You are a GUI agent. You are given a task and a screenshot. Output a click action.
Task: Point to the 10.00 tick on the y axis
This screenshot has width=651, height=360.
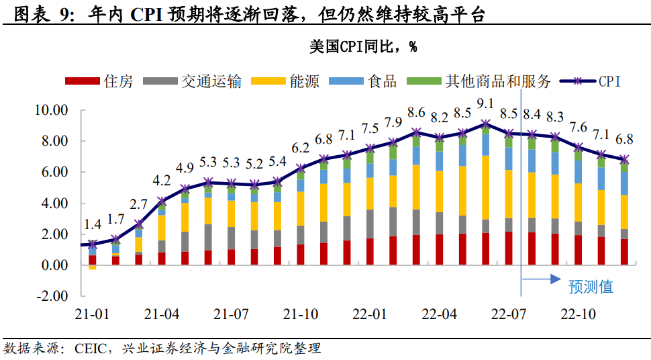pyautogui.click(x=51, y=110)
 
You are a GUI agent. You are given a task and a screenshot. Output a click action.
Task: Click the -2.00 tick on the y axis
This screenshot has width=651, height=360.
pyautogui.click(x=51, y=296)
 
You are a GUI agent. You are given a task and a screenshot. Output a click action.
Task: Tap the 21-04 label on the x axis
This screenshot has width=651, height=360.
pyautogui.click(x=162, y=314)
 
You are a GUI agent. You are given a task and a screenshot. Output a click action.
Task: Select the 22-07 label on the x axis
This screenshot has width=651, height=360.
pyautogui.click(x=508, y=314)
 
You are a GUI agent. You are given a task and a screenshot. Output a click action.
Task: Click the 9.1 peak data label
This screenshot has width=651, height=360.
pyautogui.click(x=484, y=103)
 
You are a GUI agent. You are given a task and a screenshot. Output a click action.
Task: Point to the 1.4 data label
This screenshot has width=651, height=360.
pyautogui.click(x=93, y=226)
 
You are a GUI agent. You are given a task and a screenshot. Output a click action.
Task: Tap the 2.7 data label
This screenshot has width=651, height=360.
pyautogui.click(x=139, y=204)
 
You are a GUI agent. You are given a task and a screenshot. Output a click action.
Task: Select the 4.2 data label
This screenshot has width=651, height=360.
pyautogui.click(x=162, y=181)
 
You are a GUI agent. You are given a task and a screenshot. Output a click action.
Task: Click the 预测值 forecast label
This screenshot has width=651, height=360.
pyautogui.click(x=591, y=287)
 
